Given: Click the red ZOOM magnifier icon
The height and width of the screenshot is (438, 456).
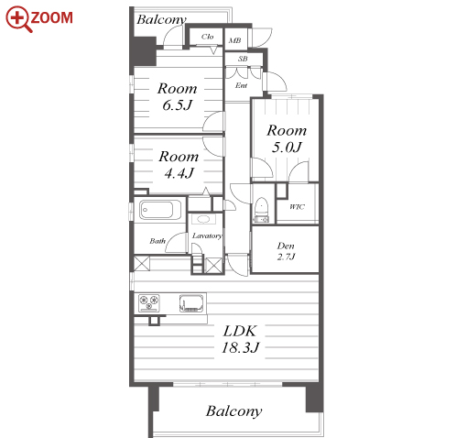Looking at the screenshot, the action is click(x=18, y=18).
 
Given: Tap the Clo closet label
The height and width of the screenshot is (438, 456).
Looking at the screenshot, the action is click(x=207, y=37).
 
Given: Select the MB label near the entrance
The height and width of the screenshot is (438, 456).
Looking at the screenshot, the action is click(x=234, y=40).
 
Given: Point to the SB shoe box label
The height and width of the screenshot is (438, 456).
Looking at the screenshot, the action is click(x=243, y=59).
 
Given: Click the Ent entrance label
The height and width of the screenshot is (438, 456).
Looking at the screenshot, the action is click(x=241, y=85).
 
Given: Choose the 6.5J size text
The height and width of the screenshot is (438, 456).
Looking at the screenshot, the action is click(x=177, y=105).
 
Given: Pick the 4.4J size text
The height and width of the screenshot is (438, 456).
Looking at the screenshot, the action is click(x=179, y=173).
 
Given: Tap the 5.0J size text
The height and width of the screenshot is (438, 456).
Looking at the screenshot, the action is click(x=287, y=148).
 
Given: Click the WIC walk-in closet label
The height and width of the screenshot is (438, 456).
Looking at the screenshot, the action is click(x=297, y=207).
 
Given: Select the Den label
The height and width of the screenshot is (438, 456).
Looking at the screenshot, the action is click(x=286, y=246).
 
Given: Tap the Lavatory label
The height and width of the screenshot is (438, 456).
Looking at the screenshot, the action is click(x=207, y=235).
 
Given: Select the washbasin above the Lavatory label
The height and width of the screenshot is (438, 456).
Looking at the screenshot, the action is click(x=203, y=219).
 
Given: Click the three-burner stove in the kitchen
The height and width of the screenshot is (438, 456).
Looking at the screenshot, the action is click(x=149, y=303).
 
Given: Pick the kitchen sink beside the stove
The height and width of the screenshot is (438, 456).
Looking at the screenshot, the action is click(x=191, y=303).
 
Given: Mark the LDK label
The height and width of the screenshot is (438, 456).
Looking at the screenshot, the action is click(x=240, y=331).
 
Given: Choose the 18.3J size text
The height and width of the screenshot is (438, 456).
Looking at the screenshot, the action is click(x=240, y=347).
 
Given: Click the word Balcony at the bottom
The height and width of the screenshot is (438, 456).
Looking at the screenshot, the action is click(x=233, y=411).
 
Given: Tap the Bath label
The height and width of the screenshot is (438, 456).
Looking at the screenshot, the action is click(x=157, y=241).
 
